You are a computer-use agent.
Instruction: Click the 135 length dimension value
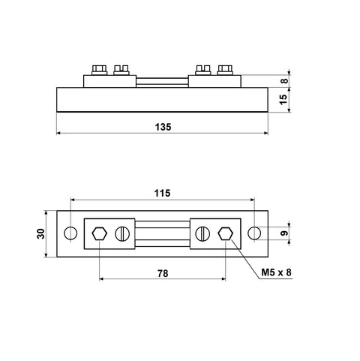coord(163,127)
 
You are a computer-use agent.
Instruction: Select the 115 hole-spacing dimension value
coord(162,193)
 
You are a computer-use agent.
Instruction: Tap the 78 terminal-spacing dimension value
coord(163,273)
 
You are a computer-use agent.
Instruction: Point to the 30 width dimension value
coord(40,233)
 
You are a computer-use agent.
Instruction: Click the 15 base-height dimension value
coord(283,100)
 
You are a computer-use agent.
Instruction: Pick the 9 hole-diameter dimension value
coord(284,233)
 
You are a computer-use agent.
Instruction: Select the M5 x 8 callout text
coord(276,272)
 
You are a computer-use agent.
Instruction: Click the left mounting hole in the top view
coord(70,233)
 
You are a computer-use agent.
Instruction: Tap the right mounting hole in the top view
coord(254,233)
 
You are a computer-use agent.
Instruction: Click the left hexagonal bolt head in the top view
coord(100,233)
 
